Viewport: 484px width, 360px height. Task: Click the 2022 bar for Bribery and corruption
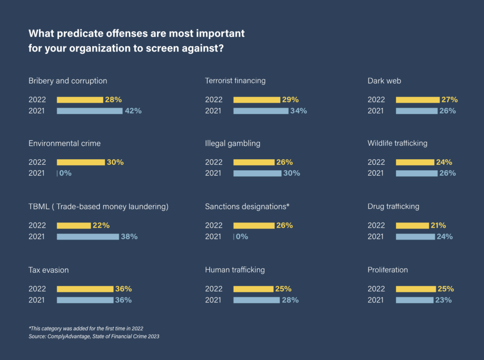[x=80, y=100]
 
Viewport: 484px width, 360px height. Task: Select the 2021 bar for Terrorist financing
[x=260, y=111]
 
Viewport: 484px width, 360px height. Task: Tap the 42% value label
[x=133, y=111]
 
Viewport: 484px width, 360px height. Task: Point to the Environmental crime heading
[x=64, y=143]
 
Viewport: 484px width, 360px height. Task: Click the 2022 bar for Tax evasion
[x=85, y=289]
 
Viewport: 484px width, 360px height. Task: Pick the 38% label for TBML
[x=129, y=237]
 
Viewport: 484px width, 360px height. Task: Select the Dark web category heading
[x=384, y=81]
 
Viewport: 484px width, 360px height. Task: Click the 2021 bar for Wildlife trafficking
[x=416, y=173]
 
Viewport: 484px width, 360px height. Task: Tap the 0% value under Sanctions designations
[x=242, y=237]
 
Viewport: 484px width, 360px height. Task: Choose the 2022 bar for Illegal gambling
[x=254, y=162]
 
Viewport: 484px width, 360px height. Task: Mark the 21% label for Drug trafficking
[x=438, y=225]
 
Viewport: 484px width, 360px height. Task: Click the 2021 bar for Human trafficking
[x=257, y=300]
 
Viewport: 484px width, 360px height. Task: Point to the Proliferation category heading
[x=388, y=270]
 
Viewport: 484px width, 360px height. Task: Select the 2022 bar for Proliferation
[x=415, y=289]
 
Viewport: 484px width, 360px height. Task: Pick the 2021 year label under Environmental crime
[x=36, y=173]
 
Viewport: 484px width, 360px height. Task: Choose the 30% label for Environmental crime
[x=115, y=162]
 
